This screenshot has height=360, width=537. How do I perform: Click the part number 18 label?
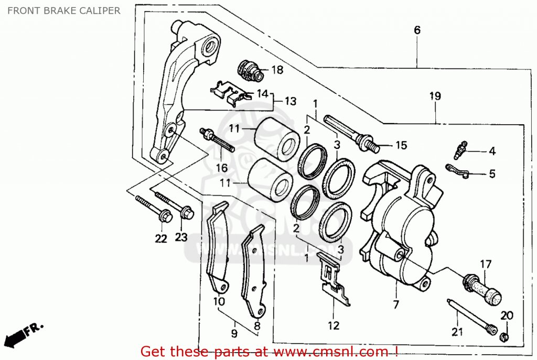pos(277,70)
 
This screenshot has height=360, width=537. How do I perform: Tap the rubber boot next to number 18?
pos(250,70)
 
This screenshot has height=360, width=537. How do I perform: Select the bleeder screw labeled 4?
pos(460,150)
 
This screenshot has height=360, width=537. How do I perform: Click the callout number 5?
pos(491,174)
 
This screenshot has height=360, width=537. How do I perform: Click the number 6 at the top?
pos(417,30)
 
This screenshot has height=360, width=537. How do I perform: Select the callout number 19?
pos(435,96)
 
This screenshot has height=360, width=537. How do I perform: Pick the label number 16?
pos(222,168)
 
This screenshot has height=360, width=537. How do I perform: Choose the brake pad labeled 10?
pos(217,252)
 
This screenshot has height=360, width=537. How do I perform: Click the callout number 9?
pos(234,333)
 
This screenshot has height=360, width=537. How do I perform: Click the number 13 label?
pos(290,101)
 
